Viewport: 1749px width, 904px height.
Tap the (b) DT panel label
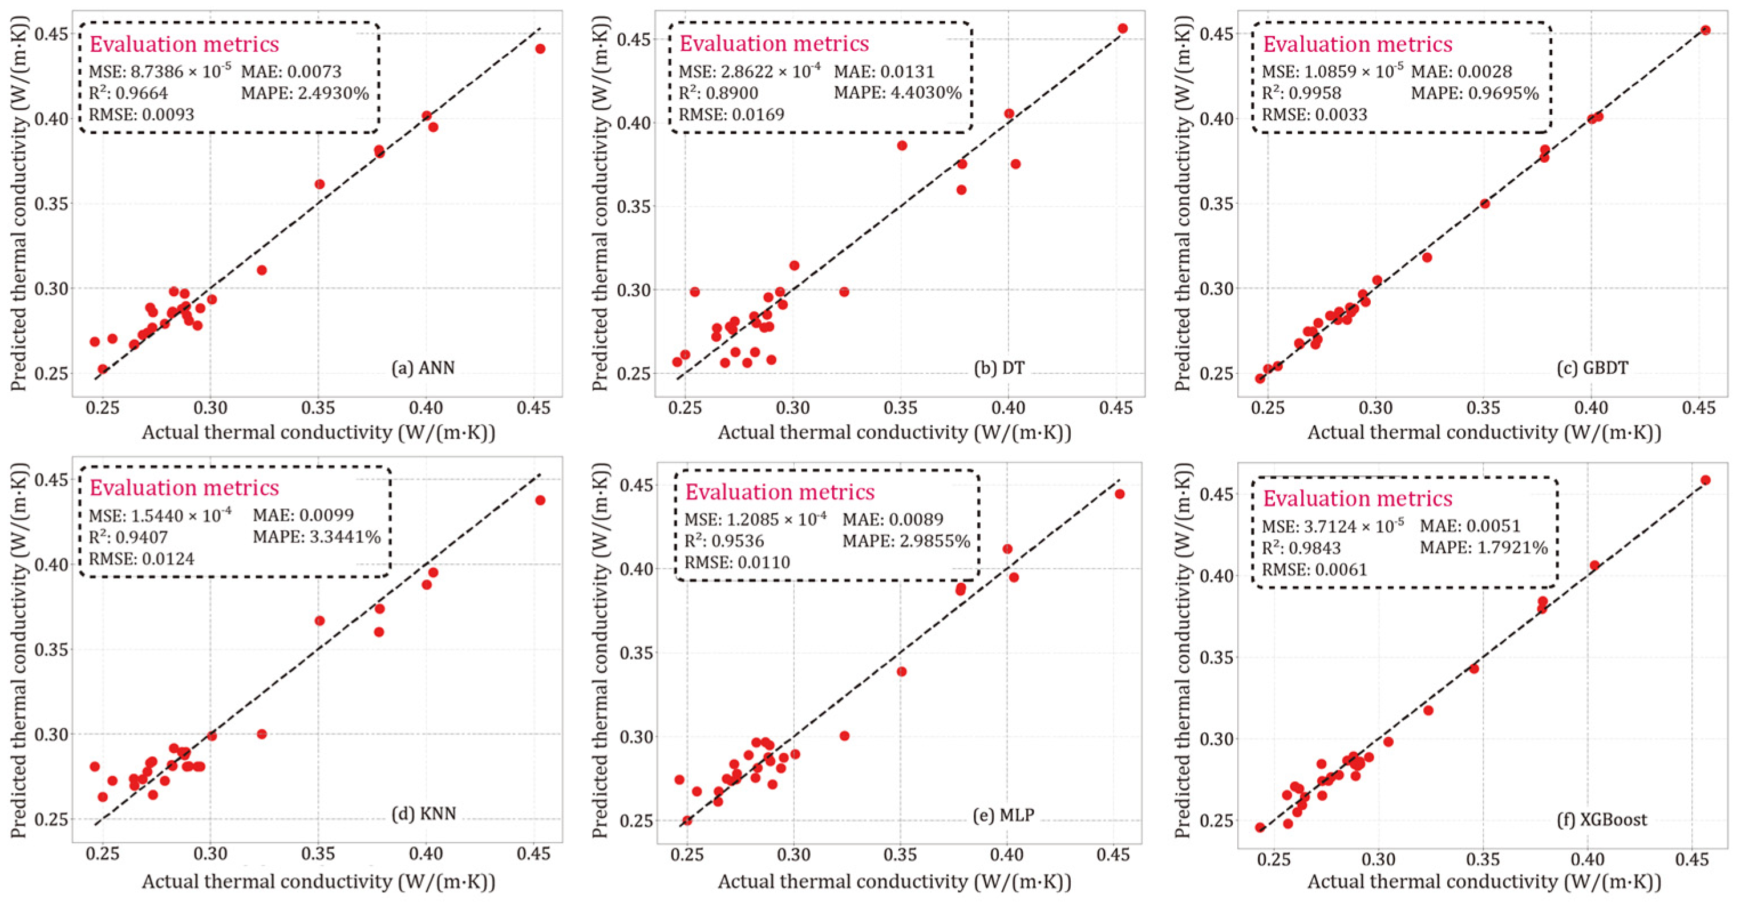coord(999,368)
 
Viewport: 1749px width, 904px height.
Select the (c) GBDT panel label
coord(1592,368)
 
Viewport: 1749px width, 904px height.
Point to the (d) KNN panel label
coord(423,813)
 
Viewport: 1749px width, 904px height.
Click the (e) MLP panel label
coord(1003,814)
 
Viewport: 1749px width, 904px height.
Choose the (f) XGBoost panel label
coord(1602,819)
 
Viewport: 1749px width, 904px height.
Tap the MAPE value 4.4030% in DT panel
coord(897,92)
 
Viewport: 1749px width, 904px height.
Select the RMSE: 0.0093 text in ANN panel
coord(141,115)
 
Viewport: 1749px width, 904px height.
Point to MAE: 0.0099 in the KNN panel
coord(303,515)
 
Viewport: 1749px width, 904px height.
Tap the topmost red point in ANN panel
coord(540,49)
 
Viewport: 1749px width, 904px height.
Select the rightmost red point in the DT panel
coord(1122,29)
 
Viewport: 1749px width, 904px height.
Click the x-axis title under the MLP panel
coord(894,882)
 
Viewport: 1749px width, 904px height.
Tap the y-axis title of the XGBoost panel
coord(1184,651)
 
